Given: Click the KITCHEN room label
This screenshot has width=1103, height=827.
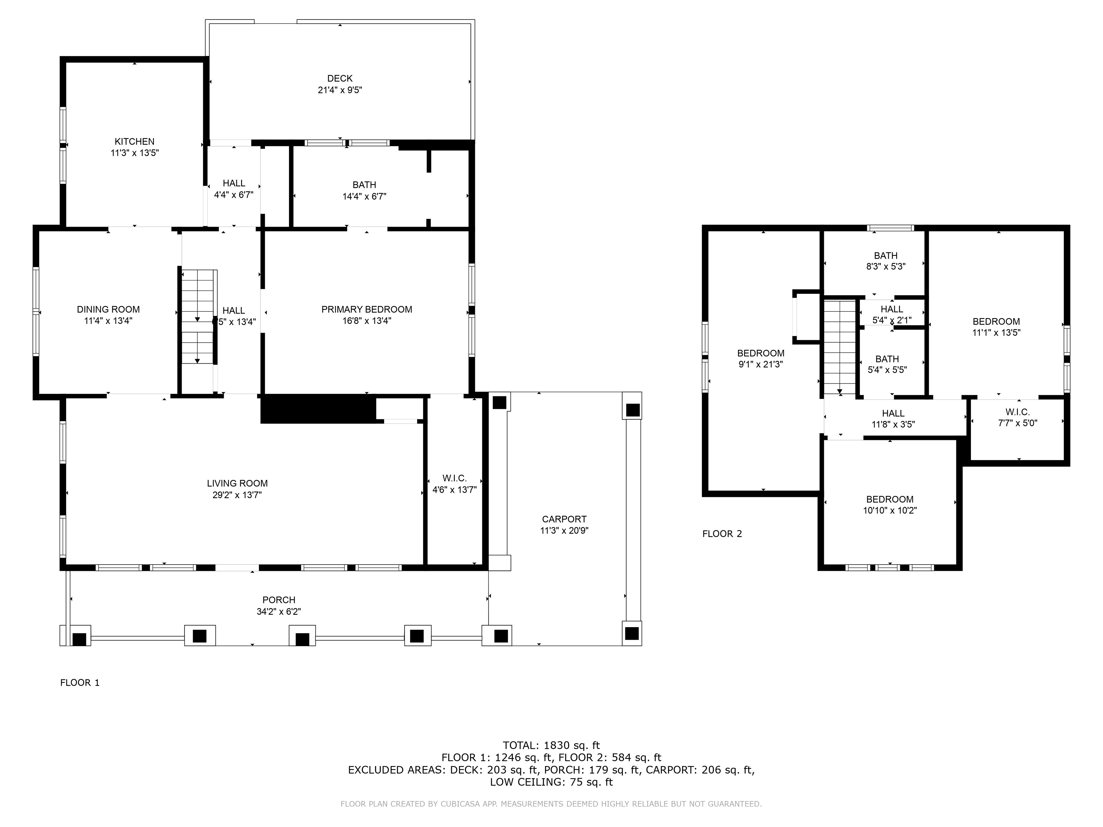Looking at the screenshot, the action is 135,142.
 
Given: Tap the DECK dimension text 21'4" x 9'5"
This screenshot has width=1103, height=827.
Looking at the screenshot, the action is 340,90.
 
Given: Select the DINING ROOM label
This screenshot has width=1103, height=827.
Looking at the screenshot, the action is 108,310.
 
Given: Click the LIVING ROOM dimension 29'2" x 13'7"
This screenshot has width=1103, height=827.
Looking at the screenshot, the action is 237,495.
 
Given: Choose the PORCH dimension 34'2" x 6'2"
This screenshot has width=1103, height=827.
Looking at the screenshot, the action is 279,612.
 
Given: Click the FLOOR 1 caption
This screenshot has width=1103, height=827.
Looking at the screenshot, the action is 80,683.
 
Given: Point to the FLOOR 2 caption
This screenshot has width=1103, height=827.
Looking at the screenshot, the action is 722,534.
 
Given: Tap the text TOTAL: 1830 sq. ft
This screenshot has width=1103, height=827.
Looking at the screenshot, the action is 551,746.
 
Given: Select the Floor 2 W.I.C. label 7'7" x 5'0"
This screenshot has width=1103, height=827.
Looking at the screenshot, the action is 1018,418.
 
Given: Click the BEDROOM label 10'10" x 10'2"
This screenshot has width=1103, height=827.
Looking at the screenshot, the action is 890,505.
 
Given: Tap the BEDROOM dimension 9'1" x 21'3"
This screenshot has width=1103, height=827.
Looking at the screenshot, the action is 761,364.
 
